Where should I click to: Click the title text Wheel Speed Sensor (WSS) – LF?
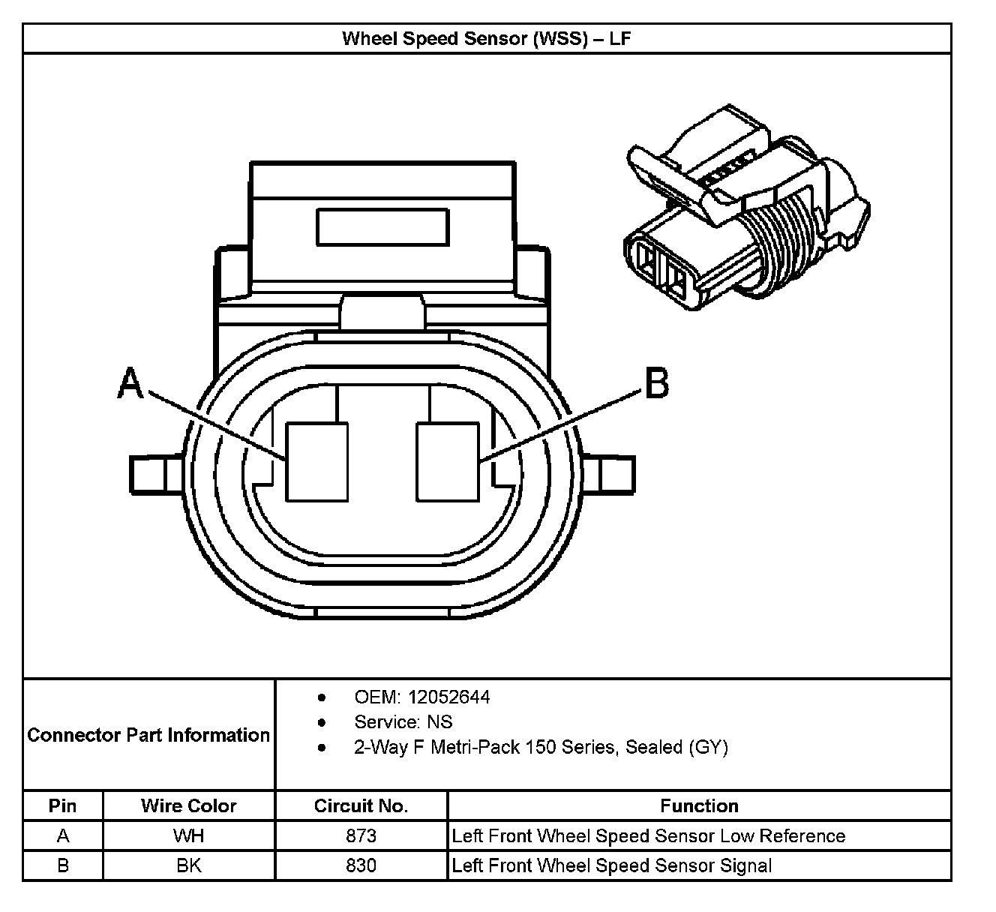click(486, 38)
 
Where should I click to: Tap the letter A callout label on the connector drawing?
click(130, 384)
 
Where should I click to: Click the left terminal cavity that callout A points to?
click(317, 461)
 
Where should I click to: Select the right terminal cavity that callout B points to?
click(448, 461)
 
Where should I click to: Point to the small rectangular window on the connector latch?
click(382, 226)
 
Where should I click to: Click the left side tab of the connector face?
click(156, 474)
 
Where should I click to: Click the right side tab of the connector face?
click(608, 474)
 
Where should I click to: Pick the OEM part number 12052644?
click(448, 697)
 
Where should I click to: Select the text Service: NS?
click(403, 722)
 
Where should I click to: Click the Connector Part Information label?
click(148, 735)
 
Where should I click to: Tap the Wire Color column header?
click(189, 806)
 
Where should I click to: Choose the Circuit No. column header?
click(361, 806)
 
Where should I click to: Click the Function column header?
click(699, 806)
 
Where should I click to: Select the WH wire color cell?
click(189, 835)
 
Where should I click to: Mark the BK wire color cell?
click(189, 865)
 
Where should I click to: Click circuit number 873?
click(361, 835)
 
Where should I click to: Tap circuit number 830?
click(361, 865)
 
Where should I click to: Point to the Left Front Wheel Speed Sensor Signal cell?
click(612, 865)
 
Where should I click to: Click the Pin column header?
click(63, 806)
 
